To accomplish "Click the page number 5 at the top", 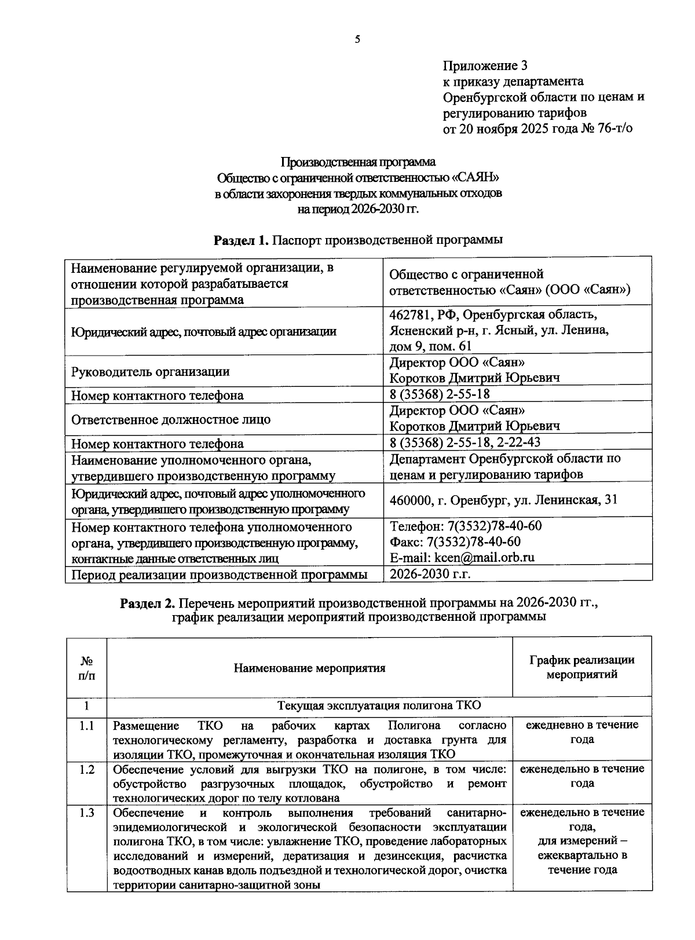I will tap(357, 39).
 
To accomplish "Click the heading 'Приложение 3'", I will tap(485, 65).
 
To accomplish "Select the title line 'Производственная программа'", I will tap(358, 162).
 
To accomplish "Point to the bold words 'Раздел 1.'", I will tap(242, 240).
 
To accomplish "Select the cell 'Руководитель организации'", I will tap(150, 372).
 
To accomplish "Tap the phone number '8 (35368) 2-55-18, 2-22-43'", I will tap(465, 442).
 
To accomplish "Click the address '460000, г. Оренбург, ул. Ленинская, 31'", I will tap(503, 500).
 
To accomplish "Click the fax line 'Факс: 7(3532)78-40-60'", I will tap(455, 542).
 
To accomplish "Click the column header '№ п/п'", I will tap(87, 668).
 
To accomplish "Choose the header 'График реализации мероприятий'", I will tap(581, 667).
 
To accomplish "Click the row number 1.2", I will tap(87, 769).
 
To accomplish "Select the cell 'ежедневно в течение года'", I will tap(581, 732).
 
